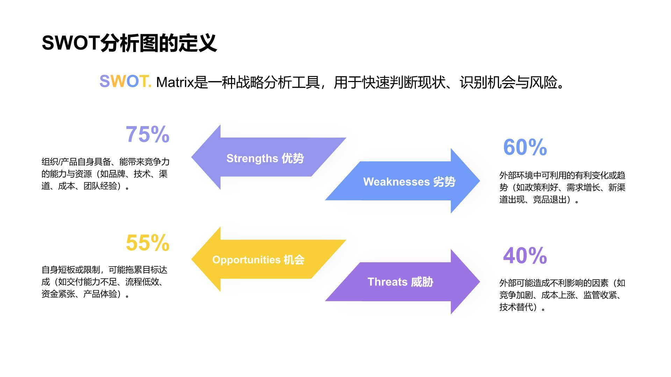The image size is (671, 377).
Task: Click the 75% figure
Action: (147, 134)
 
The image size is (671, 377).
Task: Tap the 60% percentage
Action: (525, 147)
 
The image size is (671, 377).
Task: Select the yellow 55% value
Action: (147, 243)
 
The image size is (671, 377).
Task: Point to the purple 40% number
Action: (525, 256)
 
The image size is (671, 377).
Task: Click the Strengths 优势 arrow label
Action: (265, 158)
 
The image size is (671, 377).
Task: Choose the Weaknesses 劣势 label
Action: (409, 182)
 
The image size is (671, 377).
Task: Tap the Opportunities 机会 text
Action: (258, 260)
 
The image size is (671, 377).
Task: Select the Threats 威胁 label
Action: (400, 282)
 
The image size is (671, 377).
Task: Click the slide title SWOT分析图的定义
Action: (129, 43)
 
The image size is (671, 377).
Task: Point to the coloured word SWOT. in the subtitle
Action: (125, 81)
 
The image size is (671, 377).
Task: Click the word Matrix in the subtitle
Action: (174, 82)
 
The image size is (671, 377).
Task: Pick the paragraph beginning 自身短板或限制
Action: (104, 282)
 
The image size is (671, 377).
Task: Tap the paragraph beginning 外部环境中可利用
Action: (562, 187)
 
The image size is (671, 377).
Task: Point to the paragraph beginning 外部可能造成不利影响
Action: (562, 295)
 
